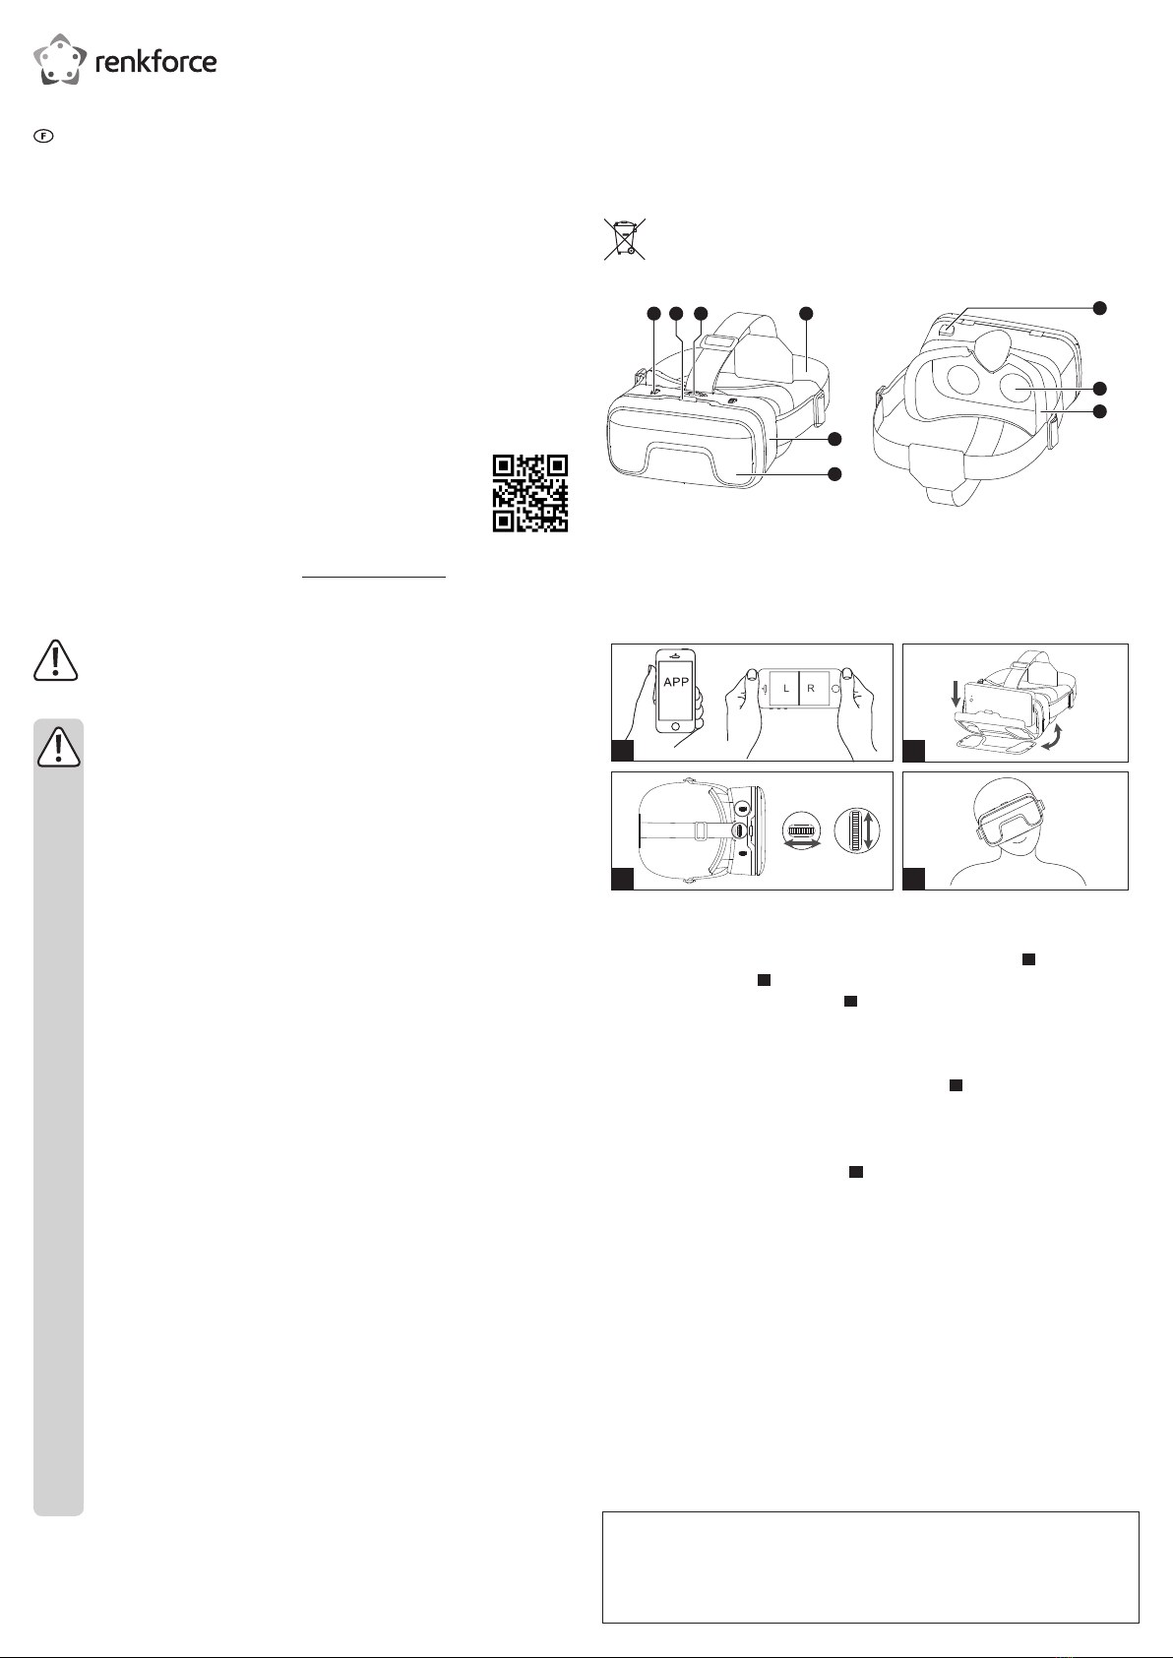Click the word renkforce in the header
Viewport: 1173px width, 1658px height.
[156, 61]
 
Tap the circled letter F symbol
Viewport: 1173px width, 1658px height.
[44, 136]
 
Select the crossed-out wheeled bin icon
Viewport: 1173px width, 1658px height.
[625, 238]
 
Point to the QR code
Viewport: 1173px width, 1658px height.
[529, 493]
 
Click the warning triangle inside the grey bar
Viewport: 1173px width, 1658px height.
[58, 747]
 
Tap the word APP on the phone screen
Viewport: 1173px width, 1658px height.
[676, 682]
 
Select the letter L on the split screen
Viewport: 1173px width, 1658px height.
[786, 689]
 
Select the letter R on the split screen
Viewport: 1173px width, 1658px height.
[811, 689]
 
